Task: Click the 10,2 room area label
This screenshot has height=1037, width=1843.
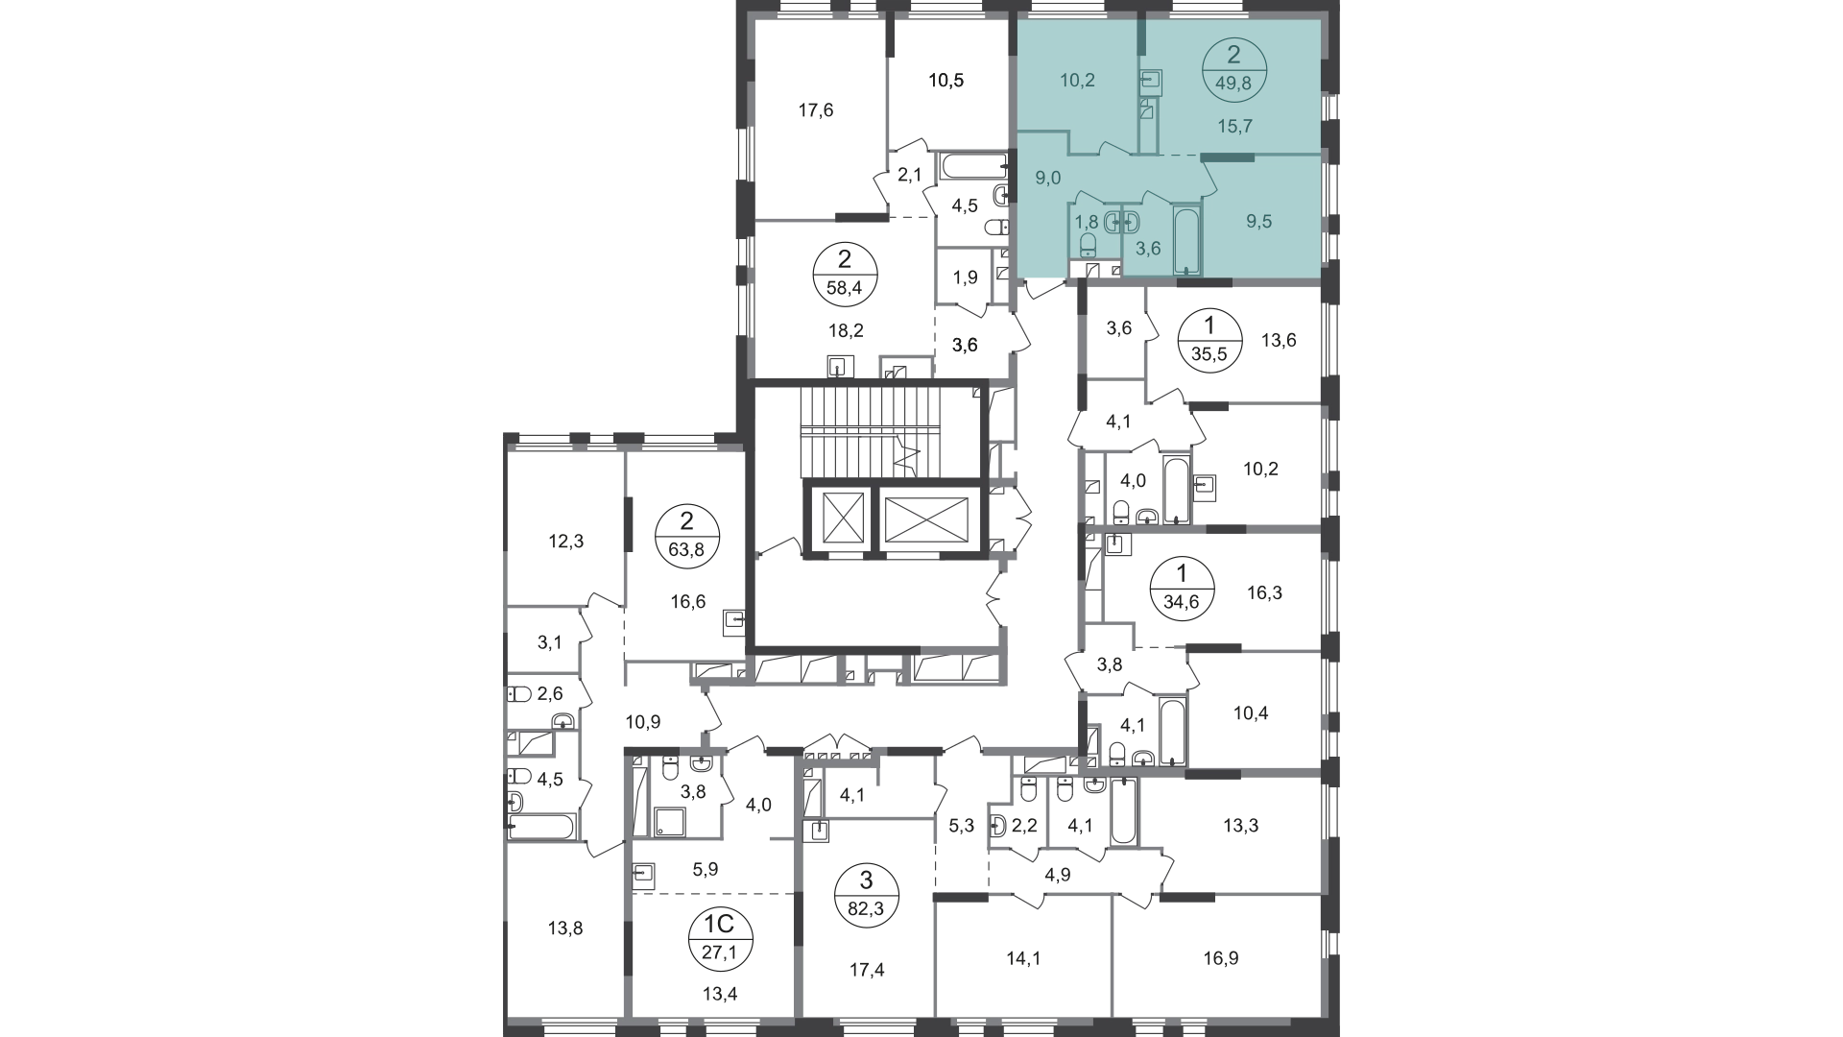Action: [x=1077, y=81]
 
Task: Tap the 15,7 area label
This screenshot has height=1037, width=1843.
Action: [x=1234, y=126]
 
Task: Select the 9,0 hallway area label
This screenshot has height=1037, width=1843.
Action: [x=1047, y=178]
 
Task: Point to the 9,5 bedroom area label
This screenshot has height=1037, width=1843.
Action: [x=1258, y=222]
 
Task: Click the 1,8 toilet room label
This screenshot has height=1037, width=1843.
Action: [x=1086, y=222]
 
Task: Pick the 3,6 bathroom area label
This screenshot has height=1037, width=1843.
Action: [x=1148, y=249]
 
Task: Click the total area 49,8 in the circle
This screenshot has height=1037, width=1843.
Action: [x=1233, y=84]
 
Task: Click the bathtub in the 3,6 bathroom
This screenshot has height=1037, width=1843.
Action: [x=1187, y=240]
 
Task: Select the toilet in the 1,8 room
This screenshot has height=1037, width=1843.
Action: [x=1088, y=242]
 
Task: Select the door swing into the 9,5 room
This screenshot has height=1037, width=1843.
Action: [x=1211, y=178]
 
